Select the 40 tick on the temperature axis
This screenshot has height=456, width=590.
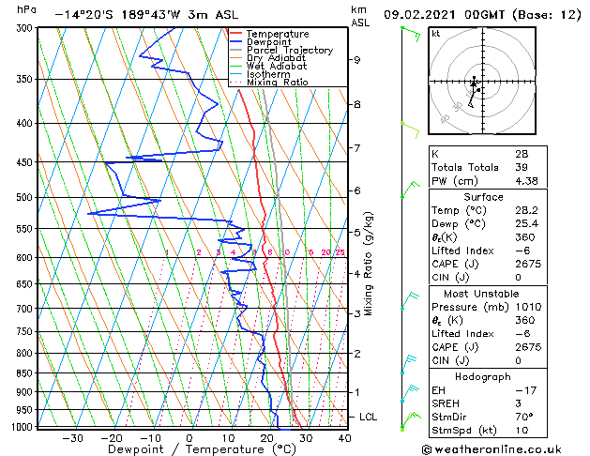(x=344, y=437)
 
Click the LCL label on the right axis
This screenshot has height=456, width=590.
(x=368, y=417)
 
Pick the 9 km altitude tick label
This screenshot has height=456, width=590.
(x=357, y=60)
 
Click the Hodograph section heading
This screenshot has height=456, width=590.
(x=483, y=376)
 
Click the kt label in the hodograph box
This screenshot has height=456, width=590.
(x=436, y=34)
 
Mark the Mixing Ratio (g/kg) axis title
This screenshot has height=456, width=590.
(x=369, y=264)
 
